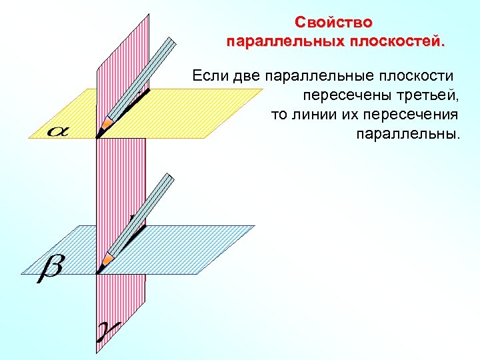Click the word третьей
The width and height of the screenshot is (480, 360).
tap(424, 95)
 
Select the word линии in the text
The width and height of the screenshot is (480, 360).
tap(315, 114)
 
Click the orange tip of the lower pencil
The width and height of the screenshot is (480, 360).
tap(106, 259)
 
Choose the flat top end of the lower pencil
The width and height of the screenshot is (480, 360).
tap(168, 179)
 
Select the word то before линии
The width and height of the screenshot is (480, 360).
tap(278, 114)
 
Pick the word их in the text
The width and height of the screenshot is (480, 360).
tap(350, 114)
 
